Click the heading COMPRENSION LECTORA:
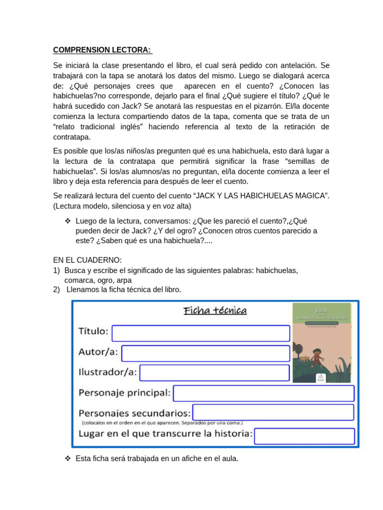[103, 50]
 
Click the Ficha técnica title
[215, 311]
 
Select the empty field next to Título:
[200, 333]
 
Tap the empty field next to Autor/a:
[205, 353]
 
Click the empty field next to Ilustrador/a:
[214, 373]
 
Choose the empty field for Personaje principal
[263, 393]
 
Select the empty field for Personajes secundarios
[273, 412]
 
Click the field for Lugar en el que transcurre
[304, 436]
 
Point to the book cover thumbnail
[322, 343]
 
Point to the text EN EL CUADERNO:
[87, 260]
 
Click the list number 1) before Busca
[56, 270]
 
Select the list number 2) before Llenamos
[56, 289]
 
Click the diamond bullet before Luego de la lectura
[68, 221]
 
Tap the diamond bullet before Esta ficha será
[68, 458]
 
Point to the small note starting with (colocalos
[162, 422]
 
